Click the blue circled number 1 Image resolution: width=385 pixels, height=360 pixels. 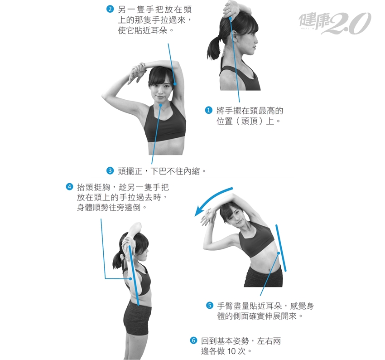[x=208, y=110]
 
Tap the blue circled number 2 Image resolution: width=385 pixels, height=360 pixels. [x=110, y=10]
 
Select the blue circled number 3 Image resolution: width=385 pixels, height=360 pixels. [x=110, y=171]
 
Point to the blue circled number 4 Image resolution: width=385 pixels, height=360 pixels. [x=69, y=187]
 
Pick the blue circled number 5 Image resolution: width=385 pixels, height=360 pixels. [x=209, y=306]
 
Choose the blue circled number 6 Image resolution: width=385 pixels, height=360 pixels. [x=193, y=341]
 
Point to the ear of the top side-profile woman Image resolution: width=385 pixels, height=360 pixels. [x=234, y=36]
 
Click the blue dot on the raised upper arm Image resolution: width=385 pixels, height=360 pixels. [x=175, y=84]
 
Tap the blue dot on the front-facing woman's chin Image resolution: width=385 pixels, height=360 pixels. [x=161, y=105]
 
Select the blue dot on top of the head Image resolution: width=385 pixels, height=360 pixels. [x=230, y=18]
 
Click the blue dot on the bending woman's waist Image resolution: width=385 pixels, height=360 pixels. [x=279, y=253]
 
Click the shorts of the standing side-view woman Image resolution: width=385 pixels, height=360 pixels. [x=137, y=318]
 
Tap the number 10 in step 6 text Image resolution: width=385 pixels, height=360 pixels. [x=231, y=351]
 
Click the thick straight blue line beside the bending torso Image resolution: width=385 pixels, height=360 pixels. [x=281, y=248]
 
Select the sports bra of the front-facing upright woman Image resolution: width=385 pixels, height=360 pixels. [x=164, y=123]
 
